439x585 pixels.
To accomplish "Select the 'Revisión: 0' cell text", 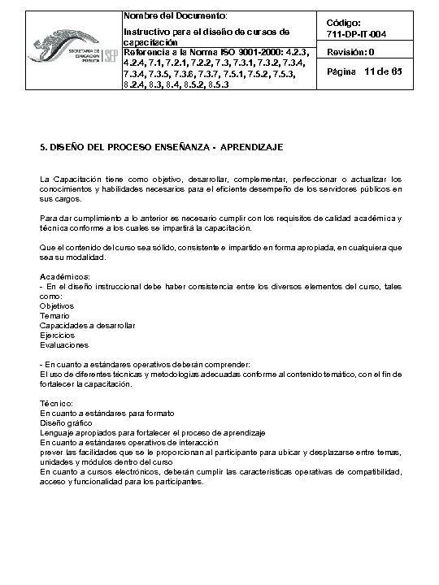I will [x=350, y=53].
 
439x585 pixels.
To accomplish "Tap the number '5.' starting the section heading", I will [x=44, y=148].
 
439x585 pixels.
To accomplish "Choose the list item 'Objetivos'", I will [x=57, y=305].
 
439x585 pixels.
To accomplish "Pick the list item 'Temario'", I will [x=54, y=315].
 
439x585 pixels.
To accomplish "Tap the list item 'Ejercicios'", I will [x=57, y=335].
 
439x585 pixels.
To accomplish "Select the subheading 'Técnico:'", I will [x=58, y=403].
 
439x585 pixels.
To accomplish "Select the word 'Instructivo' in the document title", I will [x=146, y=32].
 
